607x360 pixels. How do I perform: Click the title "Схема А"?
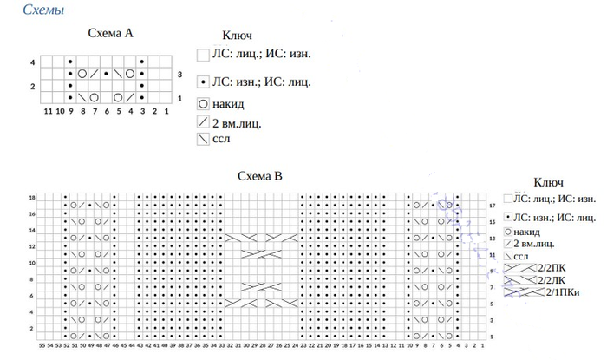[x=110, y=34]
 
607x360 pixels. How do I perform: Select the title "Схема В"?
[x=260, y=176]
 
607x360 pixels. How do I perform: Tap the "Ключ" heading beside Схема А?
[x=237, y=36]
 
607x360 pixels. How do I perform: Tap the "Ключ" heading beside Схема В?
[x=549, y=182]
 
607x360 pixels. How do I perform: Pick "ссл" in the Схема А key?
[x=221, y=138]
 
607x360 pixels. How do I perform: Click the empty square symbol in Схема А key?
[x=203, y=54]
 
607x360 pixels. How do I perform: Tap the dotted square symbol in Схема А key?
[x=203, y=82]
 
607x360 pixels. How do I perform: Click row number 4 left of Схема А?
[x=32, y=63]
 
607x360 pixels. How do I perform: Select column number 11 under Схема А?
[x=47, y=111]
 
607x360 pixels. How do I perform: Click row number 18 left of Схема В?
[x=32, y=198]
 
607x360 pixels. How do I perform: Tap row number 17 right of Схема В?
[x=492, y=206]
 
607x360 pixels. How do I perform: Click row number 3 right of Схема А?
[x=179, y=75]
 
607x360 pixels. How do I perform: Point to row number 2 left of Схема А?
[x=32, y=87]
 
